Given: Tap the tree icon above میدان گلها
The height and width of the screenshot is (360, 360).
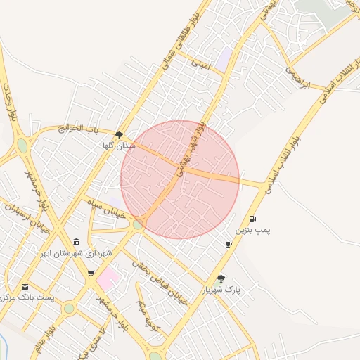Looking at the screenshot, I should (x=119, y=134).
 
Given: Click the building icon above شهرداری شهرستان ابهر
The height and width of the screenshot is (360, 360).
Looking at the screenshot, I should (x=76, y=242).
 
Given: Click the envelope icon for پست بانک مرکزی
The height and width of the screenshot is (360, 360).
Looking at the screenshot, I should (x=25, y=287).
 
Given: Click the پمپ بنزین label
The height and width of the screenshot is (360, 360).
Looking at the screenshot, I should (x=252, y=230).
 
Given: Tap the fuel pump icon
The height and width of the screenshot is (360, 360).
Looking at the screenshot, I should (x=252, y=219).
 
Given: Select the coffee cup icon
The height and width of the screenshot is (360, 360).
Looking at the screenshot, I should (x=229, y=244).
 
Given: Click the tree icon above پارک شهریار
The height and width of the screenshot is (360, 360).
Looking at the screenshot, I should (x=221, y=278).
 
